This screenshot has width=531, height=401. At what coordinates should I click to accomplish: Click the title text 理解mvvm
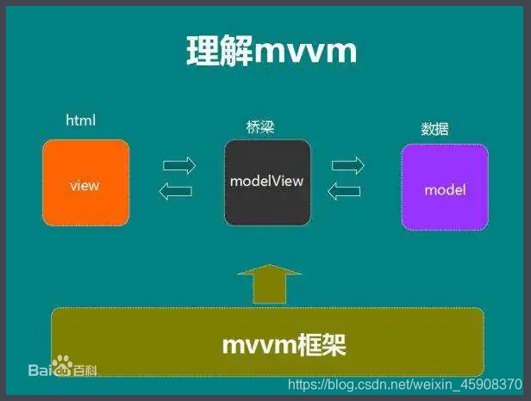(x=272, y=52)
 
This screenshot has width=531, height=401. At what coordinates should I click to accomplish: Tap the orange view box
(x=85, y=183)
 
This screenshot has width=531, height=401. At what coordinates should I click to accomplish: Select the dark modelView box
(x=267, y=182)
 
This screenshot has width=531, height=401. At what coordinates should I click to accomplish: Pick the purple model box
(x=445, y=187)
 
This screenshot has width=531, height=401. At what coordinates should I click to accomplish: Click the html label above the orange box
(x=81, y=121)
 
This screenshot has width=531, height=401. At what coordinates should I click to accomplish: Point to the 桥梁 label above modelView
(x=260, y=126)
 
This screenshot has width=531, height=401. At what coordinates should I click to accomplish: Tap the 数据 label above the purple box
(x=434, y=129)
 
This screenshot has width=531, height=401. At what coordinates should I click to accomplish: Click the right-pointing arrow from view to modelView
(x=179, y=163)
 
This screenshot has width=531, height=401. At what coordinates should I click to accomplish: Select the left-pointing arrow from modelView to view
(x=178, y=192)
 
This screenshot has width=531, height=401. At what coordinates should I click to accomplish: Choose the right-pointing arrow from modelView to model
(x=348, y=163)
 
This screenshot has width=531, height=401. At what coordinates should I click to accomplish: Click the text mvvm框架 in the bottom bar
(x=284, y=346)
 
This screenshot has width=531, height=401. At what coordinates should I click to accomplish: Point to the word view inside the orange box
(x=84, y=185)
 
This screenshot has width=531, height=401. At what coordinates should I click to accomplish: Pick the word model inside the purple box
(x=445, y=189)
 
